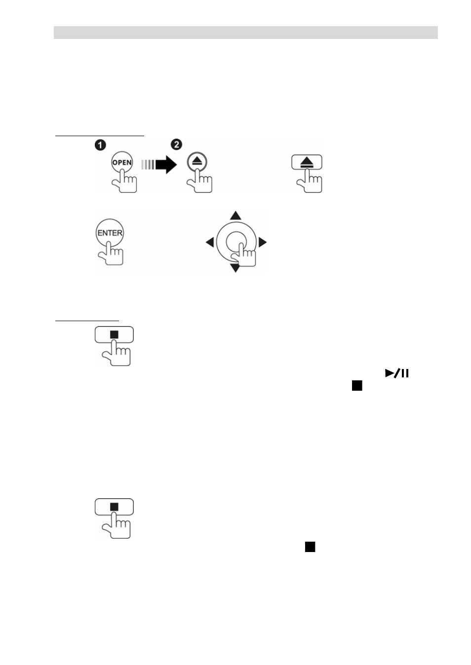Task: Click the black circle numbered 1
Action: pos(100,145)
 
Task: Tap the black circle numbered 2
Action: pos(177,145)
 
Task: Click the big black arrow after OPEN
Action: pos(166,164)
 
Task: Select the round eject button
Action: pos(196,162)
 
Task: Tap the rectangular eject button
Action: pos(307,162)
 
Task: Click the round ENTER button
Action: pos(110,233)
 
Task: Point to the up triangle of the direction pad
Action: pos(235,216)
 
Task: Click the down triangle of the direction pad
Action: pos(235,268)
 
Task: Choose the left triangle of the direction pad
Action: pos(210,242)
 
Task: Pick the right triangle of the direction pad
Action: pos(263,242)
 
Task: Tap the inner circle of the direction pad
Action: pos(236,242)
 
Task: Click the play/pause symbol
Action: pos(397,373)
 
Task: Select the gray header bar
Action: pos(246,33)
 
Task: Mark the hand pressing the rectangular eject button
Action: pos(310,181)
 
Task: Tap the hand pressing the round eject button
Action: pos(199,181)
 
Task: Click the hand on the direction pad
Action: pos(243,255)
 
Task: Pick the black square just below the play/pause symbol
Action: pos(357,386)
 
